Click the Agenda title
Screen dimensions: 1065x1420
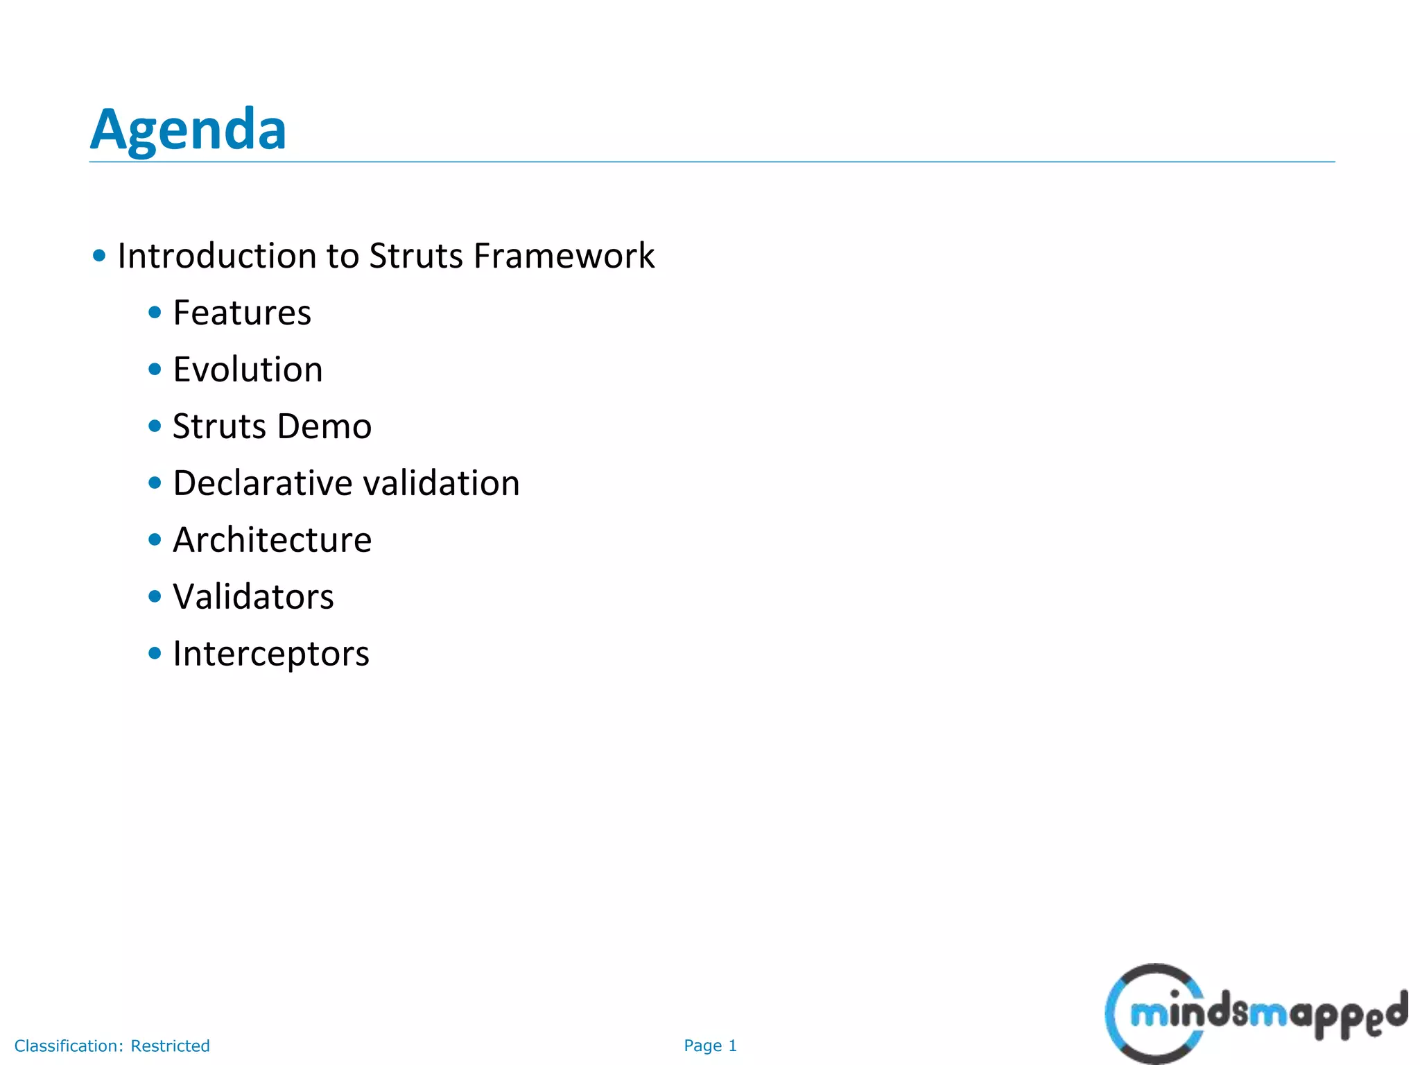point(188,129)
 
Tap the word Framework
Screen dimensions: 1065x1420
point(564,256)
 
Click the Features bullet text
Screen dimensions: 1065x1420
point(242,313)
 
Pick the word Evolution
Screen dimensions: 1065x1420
point(248,370)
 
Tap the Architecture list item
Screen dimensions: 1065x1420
point(272,540)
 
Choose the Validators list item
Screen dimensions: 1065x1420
point(253,597)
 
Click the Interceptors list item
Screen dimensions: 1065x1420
point(271,654)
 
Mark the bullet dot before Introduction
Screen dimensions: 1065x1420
point(99,256)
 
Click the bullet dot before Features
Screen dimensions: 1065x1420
point(155,313)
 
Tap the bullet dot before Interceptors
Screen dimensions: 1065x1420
point(155,653)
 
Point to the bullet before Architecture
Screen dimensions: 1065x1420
point(155,539)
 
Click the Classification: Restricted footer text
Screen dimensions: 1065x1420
point(112,1046)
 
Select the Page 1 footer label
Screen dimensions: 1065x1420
point(710,1046)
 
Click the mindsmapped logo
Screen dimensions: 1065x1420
point(1255,1014)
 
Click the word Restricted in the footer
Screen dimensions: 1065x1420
point(170,1046)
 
